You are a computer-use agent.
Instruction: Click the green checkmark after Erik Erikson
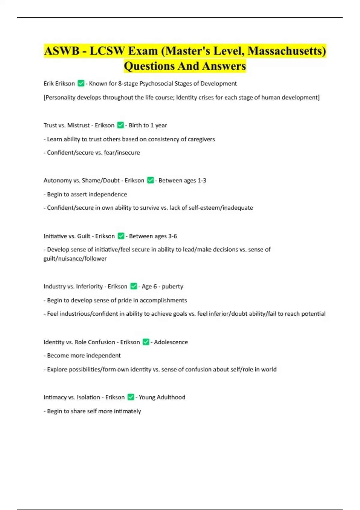81,83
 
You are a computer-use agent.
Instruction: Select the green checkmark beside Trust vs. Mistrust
120,125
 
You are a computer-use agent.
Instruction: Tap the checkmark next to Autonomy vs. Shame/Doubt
150,180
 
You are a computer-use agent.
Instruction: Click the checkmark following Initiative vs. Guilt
121,236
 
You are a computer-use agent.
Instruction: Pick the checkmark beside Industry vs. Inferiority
133,286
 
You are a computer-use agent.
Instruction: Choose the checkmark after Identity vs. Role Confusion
146,342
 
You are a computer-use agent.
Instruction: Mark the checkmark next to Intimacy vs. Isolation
130,397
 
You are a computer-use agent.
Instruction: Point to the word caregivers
201,139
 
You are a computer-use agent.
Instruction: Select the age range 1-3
202,180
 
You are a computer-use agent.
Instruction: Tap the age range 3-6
172,236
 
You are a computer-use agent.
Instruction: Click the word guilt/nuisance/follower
75,259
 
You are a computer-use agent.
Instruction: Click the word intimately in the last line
127,411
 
